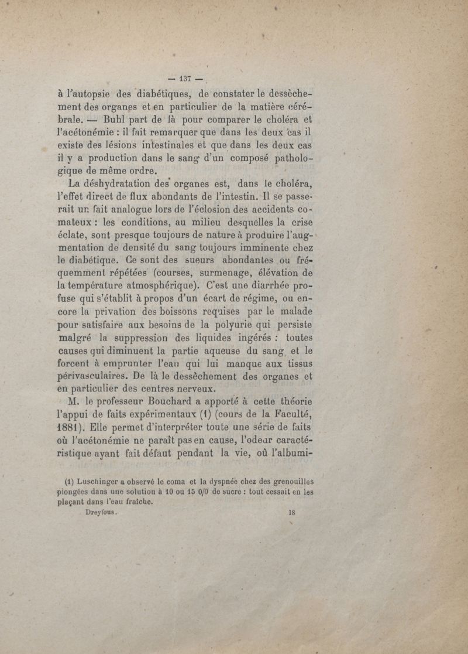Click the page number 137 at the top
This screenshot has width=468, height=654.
click(x=186, y=78)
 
